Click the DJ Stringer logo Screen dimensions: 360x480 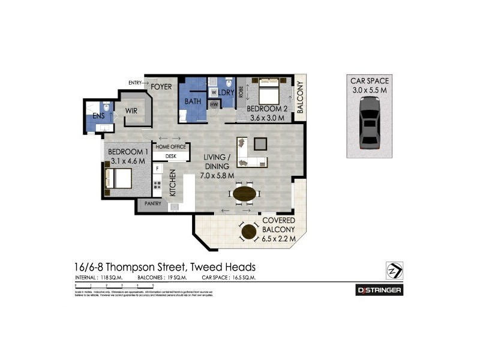click(379, 290)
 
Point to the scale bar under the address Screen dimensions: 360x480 click(114, 287)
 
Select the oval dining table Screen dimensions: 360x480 click(244, 194)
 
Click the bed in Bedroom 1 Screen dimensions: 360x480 click(119, 178)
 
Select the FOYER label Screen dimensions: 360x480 click(161, 87)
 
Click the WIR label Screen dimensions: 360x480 click(131, 110)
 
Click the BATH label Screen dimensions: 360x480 click(193, 101)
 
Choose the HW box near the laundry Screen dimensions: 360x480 click(214, 105)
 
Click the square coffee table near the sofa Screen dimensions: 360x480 click(260, 143)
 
